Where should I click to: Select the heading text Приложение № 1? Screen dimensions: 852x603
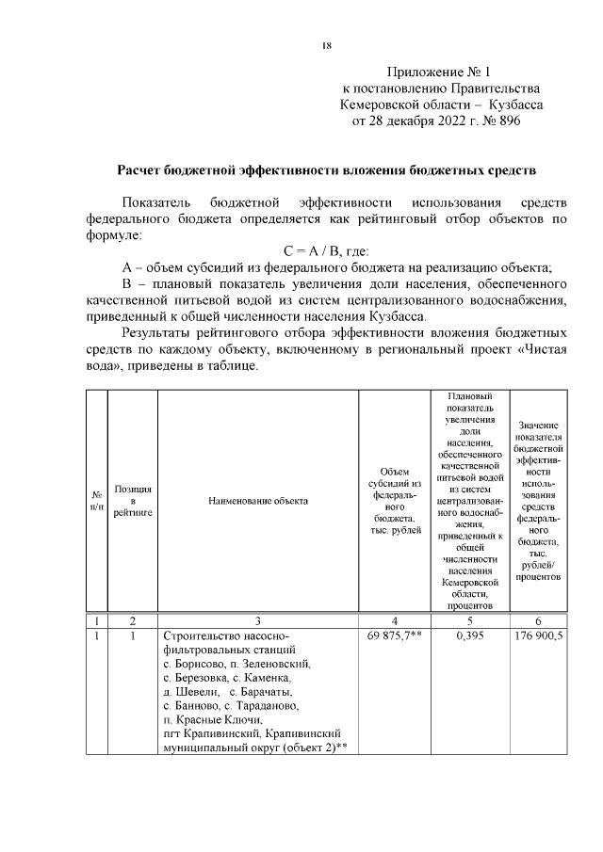440,72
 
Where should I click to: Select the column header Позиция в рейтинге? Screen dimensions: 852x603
132,501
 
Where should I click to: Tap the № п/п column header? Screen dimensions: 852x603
96,501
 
